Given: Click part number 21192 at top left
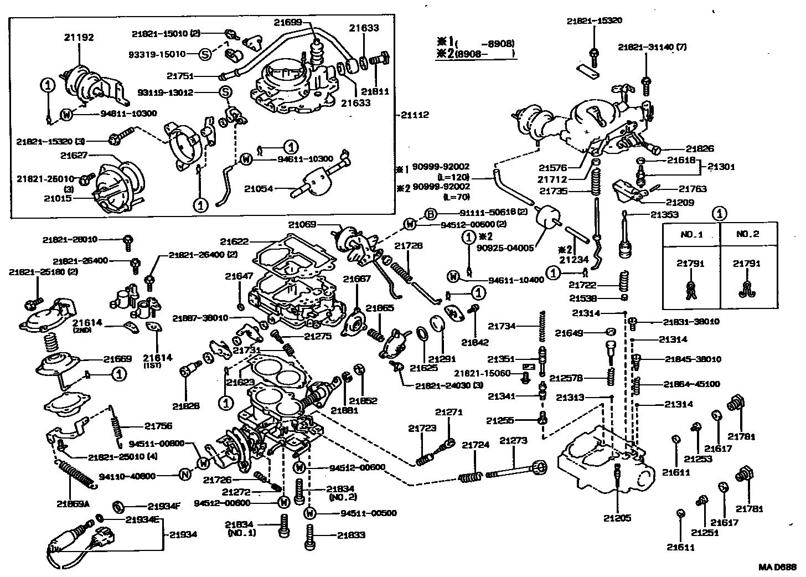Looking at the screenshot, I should pos(79,38).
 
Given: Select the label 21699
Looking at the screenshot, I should pos(288,22).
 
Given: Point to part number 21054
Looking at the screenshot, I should pos(259,189).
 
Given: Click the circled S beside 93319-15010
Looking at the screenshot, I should pos(205,54).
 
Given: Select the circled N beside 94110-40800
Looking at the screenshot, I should pos(185,476).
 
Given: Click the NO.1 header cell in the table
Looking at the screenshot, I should pos(691,234).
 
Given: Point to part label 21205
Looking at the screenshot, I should pos(618,518).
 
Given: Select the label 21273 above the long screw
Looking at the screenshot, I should pos(513,441).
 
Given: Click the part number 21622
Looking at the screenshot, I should pos(234,241).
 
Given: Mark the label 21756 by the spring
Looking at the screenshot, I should pos(158,426).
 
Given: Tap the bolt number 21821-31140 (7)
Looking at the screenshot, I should pos(652,48).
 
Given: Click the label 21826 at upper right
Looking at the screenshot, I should pos(700,148).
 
